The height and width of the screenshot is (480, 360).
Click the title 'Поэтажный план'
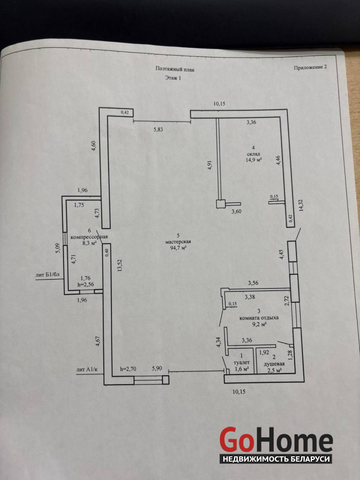[175, 69]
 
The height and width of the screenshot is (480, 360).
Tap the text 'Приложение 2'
[310, 68]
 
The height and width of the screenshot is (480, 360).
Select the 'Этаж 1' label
[173, 78]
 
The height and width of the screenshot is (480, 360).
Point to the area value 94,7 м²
[178, 248]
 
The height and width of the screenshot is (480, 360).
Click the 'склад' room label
[254, 154]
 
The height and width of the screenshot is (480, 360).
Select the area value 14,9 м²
[254, 160]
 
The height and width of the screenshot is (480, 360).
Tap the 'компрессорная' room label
[89, 237]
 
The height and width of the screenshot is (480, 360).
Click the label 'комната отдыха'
[259, 318]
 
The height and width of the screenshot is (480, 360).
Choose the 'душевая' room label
[275, 364]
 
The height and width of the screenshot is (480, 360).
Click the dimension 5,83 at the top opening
[158, 130]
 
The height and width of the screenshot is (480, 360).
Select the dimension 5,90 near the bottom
[157, 368]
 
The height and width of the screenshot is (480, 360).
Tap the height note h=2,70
[128, 369]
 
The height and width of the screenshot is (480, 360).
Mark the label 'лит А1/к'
[87, 370]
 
